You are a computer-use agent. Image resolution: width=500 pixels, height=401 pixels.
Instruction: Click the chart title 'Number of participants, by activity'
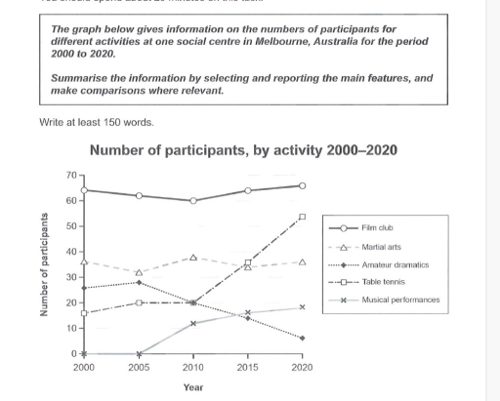coord(242,150)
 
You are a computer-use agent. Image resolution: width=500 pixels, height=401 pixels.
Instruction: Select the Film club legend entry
coord(377,227)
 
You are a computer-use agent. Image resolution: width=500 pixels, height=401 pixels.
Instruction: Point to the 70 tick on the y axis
coord(71,176)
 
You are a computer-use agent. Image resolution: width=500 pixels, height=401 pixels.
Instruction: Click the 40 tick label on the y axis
coord(71,252)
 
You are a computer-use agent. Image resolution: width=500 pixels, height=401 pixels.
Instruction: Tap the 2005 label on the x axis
coord(139,367)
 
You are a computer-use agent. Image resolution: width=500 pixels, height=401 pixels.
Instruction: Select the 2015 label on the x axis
coord(248,367)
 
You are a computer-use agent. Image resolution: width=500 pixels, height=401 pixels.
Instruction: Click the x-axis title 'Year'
coord(193,387)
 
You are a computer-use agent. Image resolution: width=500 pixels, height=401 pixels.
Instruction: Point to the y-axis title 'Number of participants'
coord(44,264)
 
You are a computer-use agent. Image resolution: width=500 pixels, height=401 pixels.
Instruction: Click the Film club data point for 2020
coord(303,185)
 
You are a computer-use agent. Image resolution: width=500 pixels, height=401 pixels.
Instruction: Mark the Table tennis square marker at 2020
coord(303,217)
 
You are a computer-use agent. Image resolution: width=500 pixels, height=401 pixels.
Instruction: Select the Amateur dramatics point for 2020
coord(303,339)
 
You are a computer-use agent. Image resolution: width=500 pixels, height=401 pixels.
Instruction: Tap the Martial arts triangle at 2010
coord(193,258)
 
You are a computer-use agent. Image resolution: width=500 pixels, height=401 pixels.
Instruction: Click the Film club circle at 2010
coord(193,201)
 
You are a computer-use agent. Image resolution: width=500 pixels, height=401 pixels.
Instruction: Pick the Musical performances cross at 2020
coord(303,307)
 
